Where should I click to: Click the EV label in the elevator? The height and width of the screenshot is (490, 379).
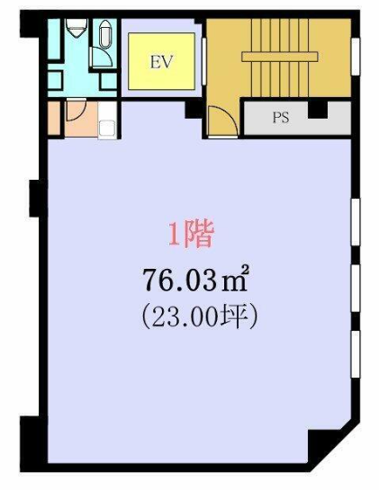[x=161, y=62]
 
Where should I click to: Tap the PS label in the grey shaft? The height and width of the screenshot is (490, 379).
[x=281, y=118]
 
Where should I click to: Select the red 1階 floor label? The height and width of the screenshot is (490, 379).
[x=191, y=235]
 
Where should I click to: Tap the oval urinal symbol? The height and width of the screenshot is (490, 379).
[x=105, y=34]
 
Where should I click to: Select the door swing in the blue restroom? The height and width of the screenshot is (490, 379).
[x=101, y=57]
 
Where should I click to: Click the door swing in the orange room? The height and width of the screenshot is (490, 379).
[x=77, y=110]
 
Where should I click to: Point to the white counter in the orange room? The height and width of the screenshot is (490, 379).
[x=107, y=120]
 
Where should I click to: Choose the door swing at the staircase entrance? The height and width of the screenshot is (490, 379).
[x=222, y=121]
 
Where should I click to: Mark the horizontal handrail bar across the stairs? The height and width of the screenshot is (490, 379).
[x=280, y=57]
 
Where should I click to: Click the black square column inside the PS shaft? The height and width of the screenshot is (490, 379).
[x=318, y=110]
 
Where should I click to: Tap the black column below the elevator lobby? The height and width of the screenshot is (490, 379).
[x=194, y=109]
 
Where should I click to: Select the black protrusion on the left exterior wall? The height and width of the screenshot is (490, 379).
[x=34, y=198]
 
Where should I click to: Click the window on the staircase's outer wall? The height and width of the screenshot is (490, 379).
[x=356, y=57]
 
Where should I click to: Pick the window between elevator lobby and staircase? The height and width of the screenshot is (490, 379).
[x=204, y=61]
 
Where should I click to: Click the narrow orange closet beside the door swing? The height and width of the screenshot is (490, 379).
[x=54, y=119]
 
